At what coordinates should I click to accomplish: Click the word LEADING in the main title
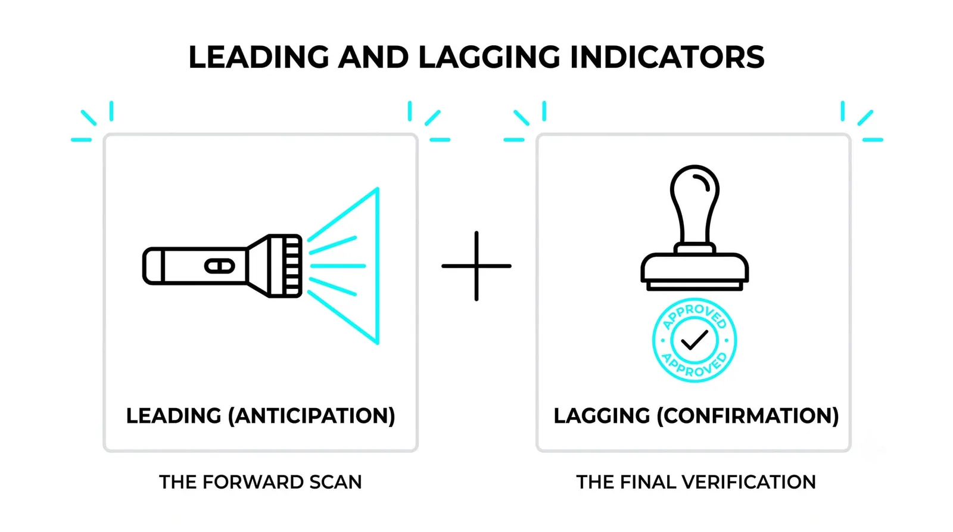259,57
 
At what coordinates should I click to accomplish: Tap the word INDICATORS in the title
667,57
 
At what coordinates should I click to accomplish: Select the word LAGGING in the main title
489,57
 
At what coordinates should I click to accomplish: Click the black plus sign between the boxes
476,266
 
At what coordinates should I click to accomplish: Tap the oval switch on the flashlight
220,266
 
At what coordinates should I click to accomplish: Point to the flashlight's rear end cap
154,266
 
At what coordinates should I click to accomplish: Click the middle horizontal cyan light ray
338,266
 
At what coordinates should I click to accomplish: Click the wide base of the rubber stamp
694,272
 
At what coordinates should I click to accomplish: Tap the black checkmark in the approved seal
694,340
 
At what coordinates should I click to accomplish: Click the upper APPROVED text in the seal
694,316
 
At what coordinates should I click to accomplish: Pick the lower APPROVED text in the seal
694,365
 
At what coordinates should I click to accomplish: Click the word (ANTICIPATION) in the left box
312,416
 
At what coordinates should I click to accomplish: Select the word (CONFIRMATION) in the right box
748,416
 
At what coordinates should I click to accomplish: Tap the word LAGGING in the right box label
602,416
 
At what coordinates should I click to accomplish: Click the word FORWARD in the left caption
253,482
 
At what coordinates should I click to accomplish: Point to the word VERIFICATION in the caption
749,482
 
